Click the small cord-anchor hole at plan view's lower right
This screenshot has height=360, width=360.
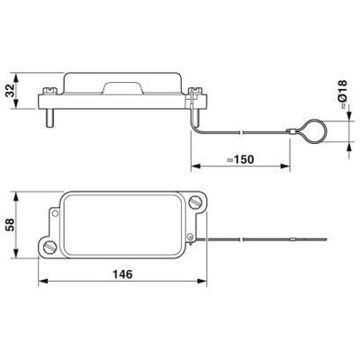(x=191, y=237)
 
